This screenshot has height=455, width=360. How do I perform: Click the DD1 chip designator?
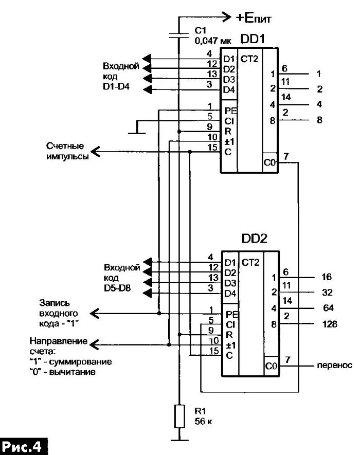coord(253,39)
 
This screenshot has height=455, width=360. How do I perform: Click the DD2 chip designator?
coord(254,239)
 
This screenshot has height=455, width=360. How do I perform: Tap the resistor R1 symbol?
coord(179,416)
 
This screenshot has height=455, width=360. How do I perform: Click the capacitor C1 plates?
coord(179,35)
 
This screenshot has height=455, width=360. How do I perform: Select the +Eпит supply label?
coord(254,19)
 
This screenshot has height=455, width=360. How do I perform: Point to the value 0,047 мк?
coord(213,41)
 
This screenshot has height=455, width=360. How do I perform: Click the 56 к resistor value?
coord(203,421)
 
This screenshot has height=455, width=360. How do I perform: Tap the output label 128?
coord(330,324)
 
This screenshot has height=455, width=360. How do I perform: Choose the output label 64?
coord(328,308)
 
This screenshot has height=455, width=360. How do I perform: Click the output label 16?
coord(327,277)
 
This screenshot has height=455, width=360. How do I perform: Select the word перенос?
coord(334,366)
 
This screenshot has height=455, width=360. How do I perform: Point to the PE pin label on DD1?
coord(230,111)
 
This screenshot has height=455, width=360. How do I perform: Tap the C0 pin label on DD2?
coord(271,367)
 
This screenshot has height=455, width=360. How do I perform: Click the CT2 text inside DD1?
coord(249,59)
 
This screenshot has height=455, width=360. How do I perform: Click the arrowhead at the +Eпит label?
coord(226,17)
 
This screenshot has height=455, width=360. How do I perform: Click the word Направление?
coord(58,341)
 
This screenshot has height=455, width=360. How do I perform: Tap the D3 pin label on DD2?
coord(230,283)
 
